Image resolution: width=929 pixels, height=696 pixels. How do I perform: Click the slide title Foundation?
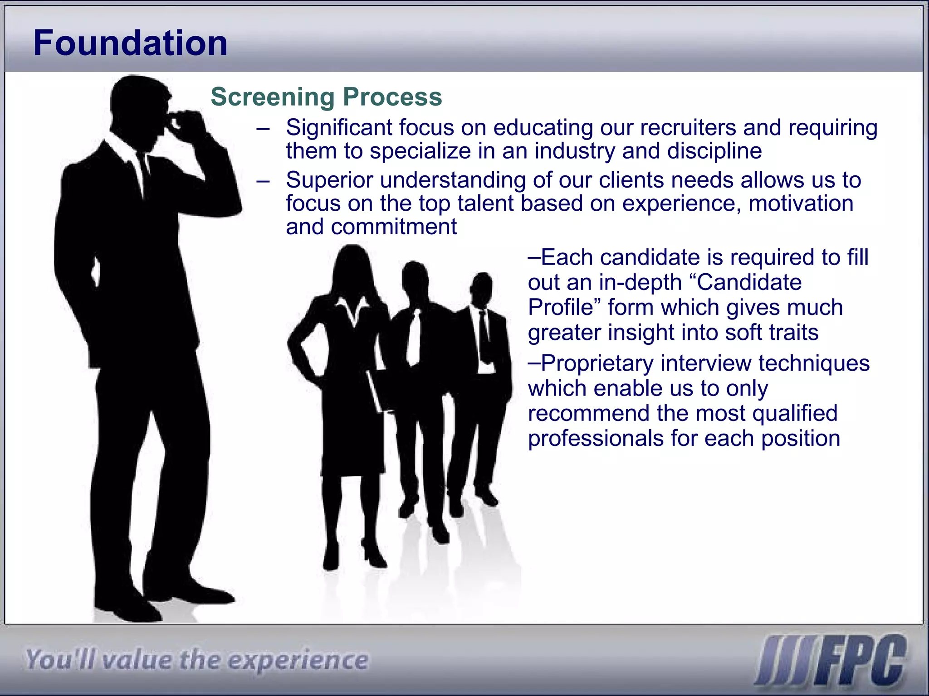point(130,43)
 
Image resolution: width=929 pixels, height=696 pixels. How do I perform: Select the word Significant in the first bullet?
point(339,127)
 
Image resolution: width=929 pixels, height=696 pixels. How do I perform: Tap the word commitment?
point(394,227)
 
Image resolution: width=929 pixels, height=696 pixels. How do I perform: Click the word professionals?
point(596,439)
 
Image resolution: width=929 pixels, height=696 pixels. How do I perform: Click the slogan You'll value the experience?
point(196,660)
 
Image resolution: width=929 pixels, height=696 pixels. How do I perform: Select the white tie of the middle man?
point(414,338)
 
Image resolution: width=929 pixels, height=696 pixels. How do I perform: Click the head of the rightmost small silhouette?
point(482,289)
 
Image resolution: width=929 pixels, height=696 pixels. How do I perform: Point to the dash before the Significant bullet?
point(263,128)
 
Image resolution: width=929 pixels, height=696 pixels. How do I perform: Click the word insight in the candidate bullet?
point(636,333)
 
